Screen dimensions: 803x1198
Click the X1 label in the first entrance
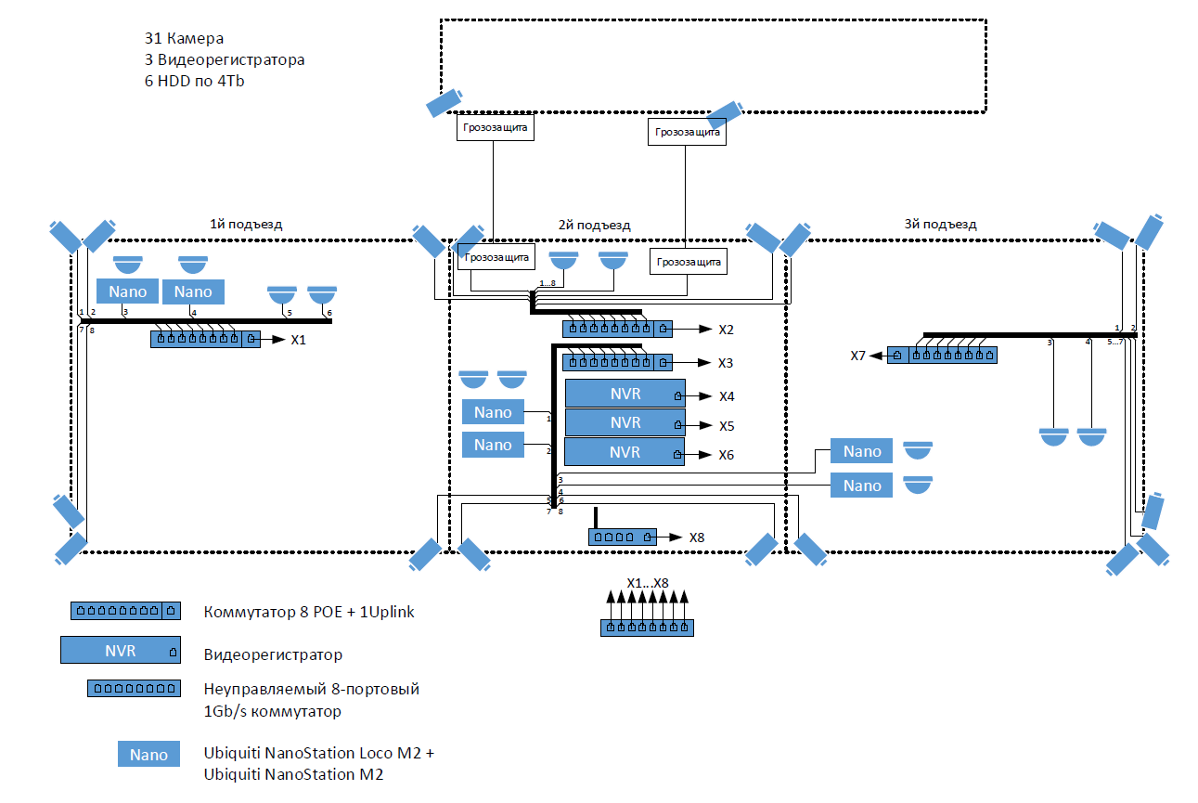[x=298, y=341]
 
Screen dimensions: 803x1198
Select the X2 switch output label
[x=726, y=330]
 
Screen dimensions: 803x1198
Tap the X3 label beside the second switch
[x=726, y=363]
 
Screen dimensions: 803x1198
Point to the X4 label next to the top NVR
[x=727, y=396]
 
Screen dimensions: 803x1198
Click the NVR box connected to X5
[x=625, y=423]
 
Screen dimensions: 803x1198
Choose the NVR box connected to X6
[x=625, y=453]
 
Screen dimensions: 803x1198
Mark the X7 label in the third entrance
[x=858, y=356]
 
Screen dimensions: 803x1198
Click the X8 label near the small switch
[x=697, y=537]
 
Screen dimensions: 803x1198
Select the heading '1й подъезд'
[x=246, y=224]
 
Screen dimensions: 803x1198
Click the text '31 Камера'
[x=185, y=39]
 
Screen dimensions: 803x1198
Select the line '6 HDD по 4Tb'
[x=195, y=81]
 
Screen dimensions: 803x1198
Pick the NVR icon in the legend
[x=121, y=651]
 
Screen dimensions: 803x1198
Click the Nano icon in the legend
[x=148, y=755]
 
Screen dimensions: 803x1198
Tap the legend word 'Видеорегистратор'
[x=273, y=654]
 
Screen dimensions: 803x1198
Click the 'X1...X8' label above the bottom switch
[x=648, y=583]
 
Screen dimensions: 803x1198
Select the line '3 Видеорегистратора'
[x=225, y=60]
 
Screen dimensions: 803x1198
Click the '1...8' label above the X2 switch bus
[x=547, y=283]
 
